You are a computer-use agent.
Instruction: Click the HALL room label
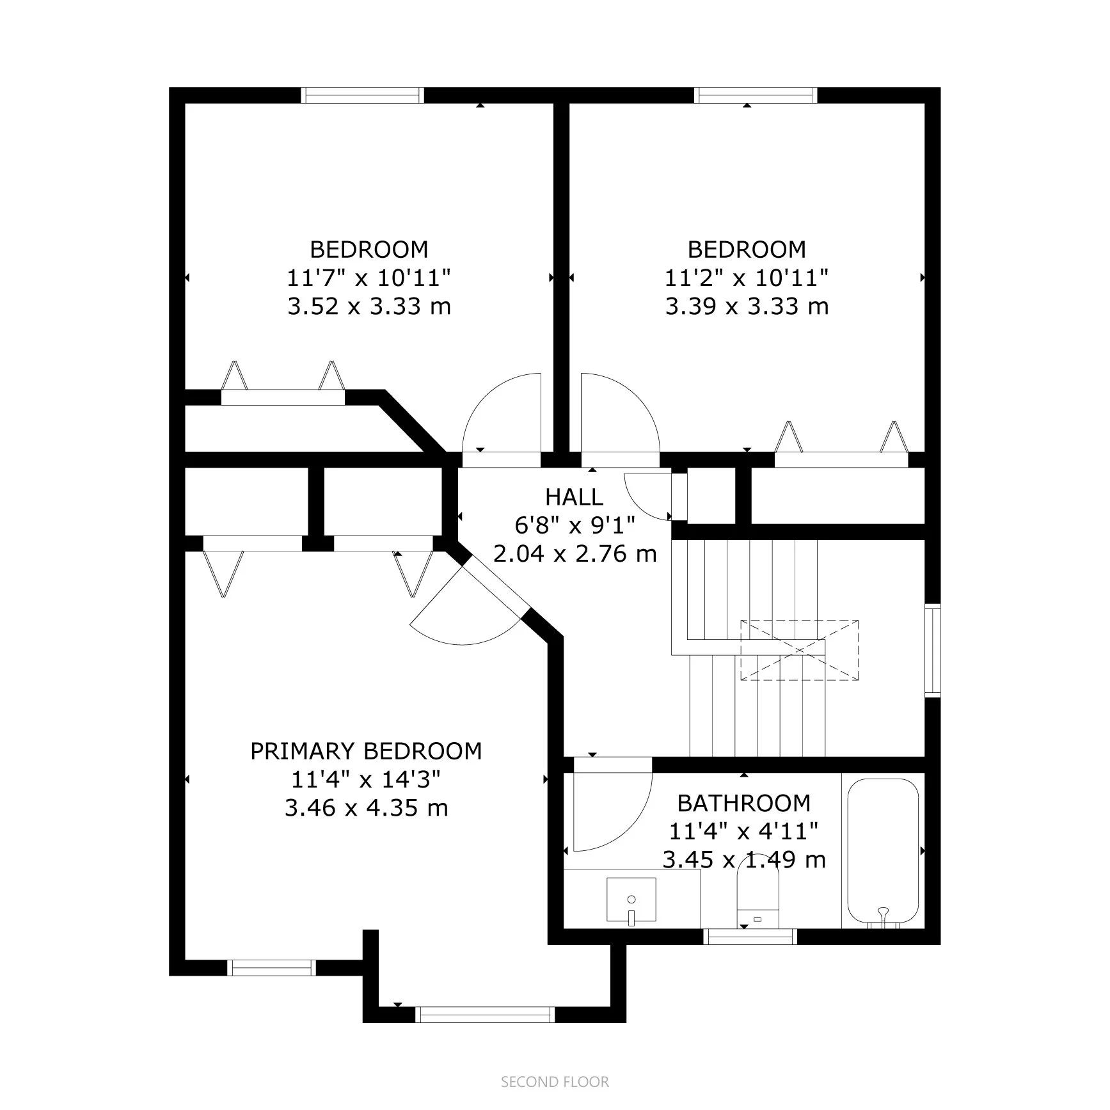point(574,497)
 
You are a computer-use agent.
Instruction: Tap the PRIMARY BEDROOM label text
point(366,751)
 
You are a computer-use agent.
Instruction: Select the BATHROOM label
point(743,803)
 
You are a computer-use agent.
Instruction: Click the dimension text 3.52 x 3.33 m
point(369,306)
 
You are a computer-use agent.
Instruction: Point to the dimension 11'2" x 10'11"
point(746,278)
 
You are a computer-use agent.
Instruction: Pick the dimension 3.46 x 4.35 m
point(366,808)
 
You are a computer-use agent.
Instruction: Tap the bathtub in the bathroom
point(883,850)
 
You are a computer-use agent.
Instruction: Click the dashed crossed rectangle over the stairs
point(799,649)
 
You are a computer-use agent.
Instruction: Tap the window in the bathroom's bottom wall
point(750,937)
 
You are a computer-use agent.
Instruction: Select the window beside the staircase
point(933,649)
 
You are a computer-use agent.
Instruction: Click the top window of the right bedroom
point(756,95)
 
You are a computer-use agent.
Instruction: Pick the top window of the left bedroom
point(362,95)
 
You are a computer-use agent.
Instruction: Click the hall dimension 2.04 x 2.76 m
point(575,553)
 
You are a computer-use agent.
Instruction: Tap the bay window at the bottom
point(484,1014)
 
